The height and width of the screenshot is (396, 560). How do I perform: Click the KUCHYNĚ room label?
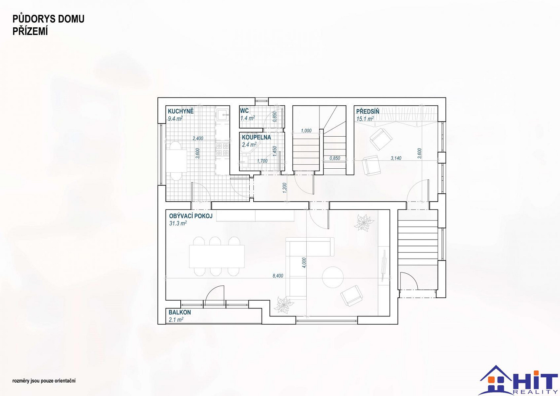tap(181, 111)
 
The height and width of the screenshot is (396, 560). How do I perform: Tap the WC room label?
tap(245, 110)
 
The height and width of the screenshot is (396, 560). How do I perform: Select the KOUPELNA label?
tap(256, 137)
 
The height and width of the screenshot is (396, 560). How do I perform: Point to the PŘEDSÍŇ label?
tap(368, 111)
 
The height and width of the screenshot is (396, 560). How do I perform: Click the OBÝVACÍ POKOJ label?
tap(191, 216)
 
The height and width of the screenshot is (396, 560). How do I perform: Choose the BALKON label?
tap(180, 312)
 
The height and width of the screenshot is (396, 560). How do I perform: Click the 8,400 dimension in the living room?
tap(278, 276)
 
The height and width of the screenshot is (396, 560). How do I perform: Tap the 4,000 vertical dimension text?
tap(304, 263)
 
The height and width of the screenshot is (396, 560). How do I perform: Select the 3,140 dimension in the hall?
tap(396, 158)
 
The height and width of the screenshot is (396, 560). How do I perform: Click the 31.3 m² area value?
tap(178, 223)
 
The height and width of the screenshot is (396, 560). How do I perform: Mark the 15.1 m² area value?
tap(365, 119)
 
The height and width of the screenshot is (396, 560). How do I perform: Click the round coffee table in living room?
tap(333, 277)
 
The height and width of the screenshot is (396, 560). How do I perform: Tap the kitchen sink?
tap(223, 115)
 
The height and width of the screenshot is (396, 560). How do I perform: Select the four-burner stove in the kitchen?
tap(222, 149)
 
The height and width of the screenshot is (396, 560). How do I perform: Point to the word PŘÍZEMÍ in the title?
tap(30, 32)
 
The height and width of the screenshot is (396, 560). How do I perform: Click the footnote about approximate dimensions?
tap(44, 381)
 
